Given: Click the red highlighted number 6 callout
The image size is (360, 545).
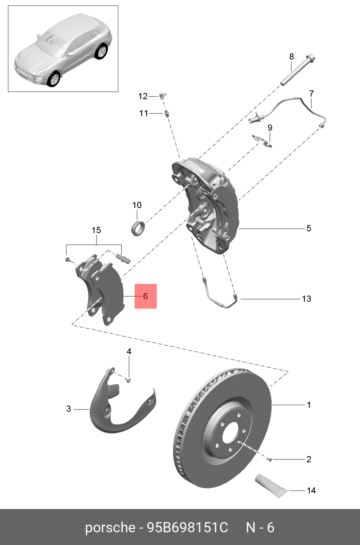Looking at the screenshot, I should coord(146,296).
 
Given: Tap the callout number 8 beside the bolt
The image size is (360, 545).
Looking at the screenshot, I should coord(291,57).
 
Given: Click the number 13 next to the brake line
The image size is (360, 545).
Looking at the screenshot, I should coord(306,299).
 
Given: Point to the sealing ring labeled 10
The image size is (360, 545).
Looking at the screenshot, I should coord(138,228).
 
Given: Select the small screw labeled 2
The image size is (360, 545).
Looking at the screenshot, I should coord(269,460).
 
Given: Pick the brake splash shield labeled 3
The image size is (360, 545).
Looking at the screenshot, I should coord(109,410).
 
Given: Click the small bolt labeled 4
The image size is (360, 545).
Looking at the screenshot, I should coord(128,380).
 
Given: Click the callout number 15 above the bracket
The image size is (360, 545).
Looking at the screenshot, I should coord(96,230).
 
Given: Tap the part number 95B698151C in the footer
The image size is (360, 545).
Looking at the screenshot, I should coord(187,528).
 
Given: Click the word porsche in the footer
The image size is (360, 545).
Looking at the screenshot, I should coord(110,528).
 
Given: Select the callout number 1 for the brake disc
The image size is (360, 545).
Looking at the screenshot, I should coord(308,405).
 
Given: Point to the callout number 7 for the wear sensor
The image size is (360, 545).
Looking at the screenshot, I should coord(311,94).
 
